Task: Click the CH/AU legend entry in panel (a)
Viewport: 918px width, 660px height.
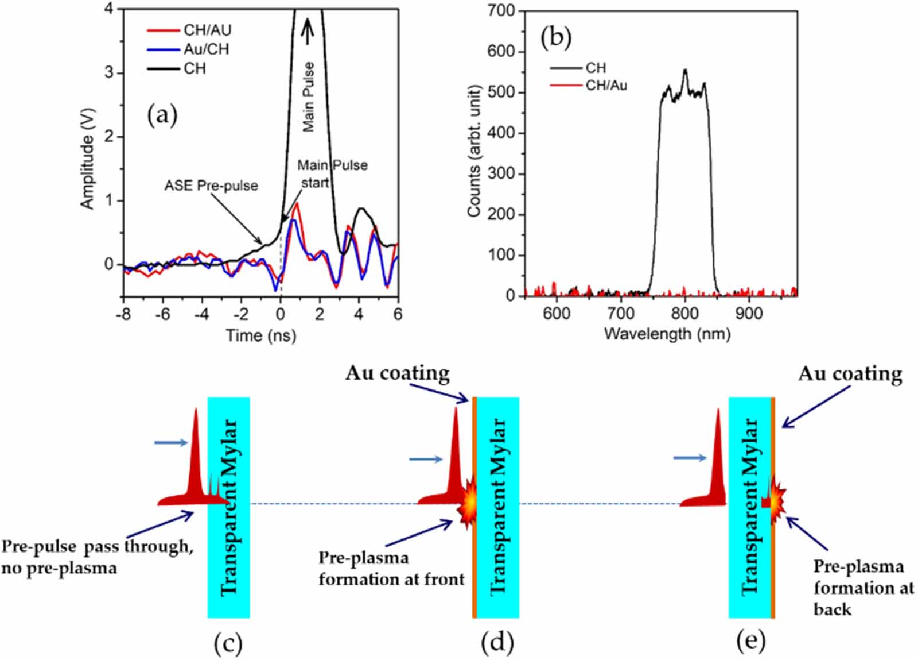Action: (x=207, y=30)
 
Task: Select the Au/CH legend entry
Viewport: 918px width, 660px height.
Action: (x=206, y=49)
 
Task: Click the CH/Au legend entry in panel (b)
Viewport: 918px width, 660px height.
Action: (x=606, y=86)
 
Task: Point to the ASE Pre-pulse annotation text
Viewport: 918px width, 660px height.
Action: (x=211, y=186)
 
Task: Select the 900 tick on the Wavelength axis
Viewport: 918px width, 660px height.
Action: (x=749, y=314)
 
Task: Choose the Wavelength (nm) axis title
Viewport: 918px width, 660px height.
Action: (x=667, y=334)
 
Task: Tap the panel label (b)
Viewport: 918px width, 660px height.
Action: (x=556, y=37)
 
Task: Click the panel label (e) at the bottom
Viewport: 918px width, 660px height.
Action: (x=750, y=642)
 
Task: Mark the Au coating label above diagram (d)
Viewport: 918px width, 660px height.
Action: (x=397, y=373)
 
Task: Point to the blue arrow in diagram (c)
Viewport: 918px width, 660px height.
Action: (x=171, y=442)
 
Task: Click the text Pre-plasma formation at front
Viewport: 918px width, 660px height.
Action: (x=391, y=569)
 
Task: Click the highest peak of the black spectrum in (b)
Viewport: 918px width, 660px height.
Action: (x=685, y=71)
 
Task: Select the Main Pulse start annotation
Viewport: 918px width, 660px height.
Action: (x=332, y=173)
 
